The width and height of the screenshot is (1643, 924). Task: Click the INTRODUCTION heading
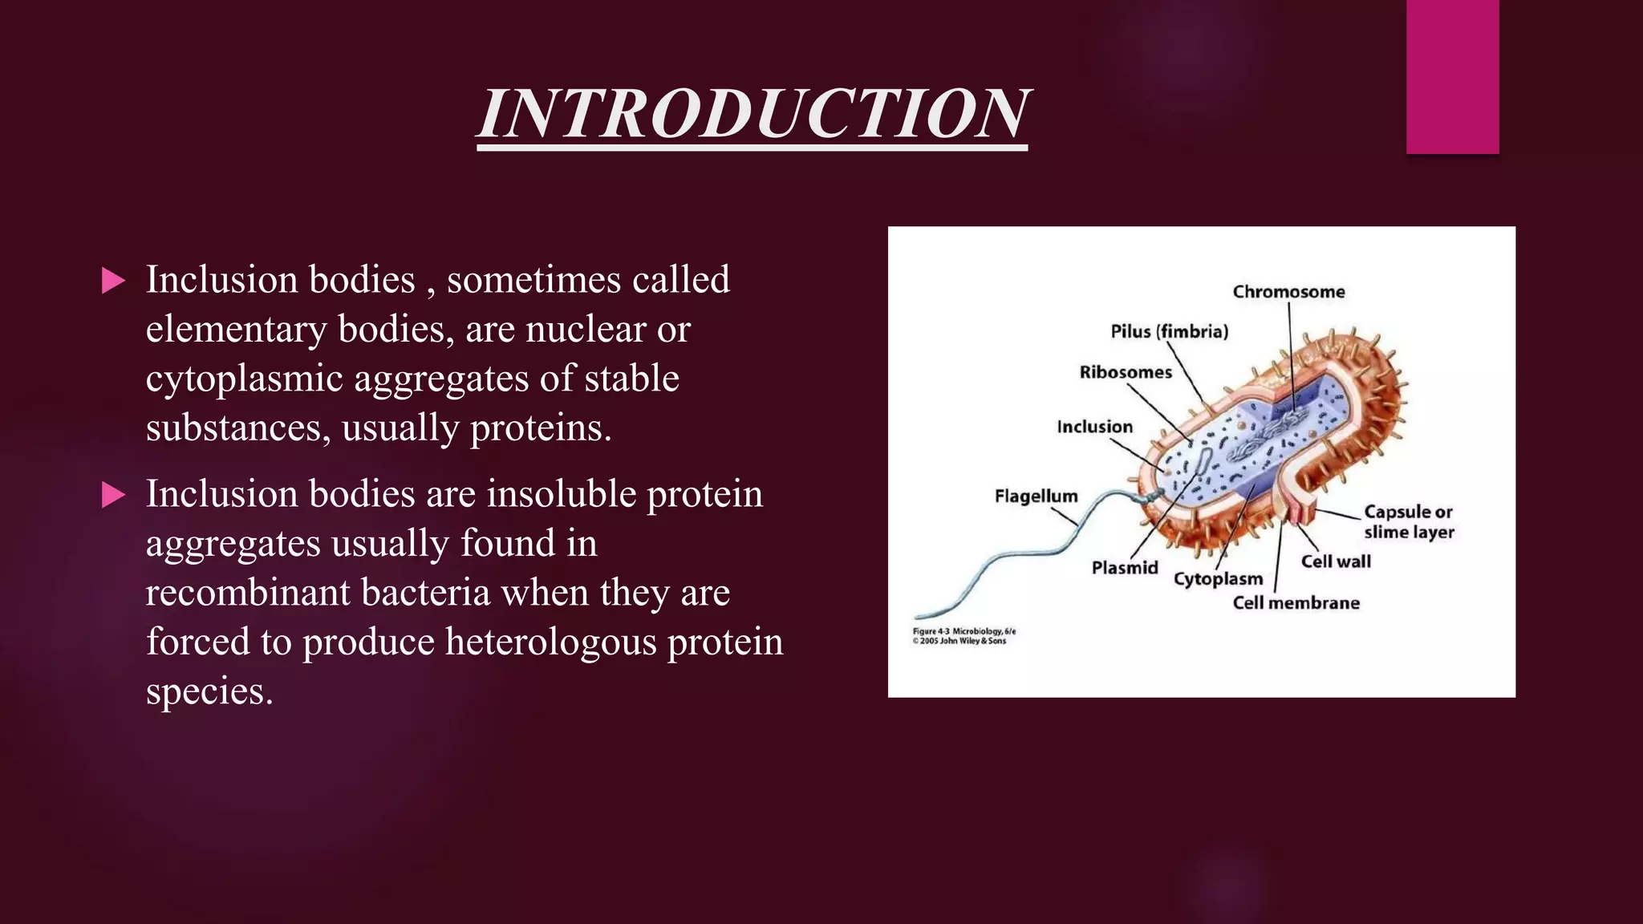pyautogui.click(x=752, y=114)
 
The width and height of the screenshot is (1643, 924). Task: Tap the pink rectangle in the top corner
pyautogui.click(x=1452, y=76)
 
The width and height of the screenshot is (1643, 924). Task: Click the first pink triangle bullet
pyautogui.click(x=114, y=281)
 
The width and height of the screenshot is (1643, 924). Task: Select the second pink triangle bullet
pyautogui.click(x=114, y=495)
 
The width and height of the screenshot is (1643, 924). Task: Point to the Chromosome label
pyautogui.click(x=1288, y=292)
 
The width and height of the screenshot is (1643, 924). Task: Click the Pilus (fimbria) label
pyautogui.click(x=1169, y=331)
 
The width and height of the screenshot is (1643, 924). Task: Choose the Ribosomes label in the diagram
pyautogui.click(x=1125, y=372)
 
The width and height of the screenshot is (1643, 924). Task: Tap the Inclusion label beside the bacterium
pyautogui.click(x=1094, y=427)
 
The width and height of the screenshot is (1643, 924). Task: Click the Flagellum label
pyautogui.click(x=1036, y=496)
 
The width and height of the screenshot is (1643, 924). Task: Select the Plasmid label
pyautogui.click(x=1125, y=568)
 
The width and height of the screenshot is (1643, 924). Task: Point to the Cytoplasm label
pyautogui.click(x=1218, y=579)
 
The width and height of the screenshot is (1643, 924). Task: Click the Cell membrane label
pyautogui.click(x=1296, y=603)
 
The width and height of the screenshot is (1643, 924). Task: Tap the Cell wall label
pyautogui.click(x=1336, y=561)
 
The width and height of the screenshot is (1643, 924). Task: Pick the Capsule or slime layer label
pyautogui.click(x=1408, y=521)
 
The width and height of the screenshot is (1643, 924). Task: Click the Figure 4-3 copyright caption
pyautogui.click(x=963, y=636)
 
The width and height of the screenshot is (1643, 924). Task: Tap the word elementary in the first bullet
pyautogui.click(x=236, y=330)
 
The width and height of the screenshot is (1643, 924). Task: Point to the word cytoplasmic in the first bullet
pyautogui.click(x=244, y=379)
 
